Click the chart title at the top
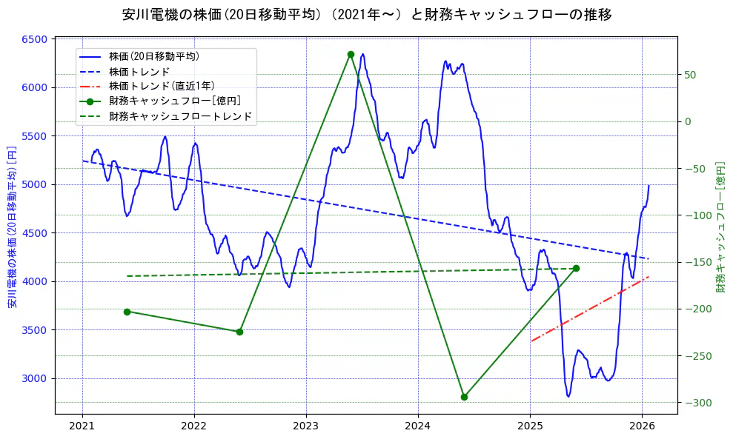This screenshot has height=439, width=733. (x=366, y=14)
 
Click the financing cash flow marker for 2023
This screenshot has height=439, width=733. (x=351, y=54)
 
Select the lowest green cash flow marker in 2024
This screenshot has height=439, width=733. (x=464, y=397)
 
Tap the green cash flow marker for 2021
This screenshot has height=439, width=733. (x=127, y=312)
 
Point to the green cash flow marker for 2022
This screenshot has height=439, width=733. (x=239, y=332)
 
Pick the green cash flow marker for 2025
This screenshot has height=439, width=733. (x=576, y=268)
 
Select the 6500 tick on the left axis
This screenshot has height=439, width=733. (x=35, y=39)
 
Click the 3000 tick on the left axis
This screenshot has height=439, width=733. (x=35, y=378)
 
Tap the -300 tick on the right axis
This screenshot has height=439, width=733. (x=695, y=403)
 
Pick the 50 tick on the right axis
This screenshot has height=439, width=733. (x=689, y=75)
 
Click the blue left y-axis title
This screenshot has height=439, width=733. (x=12, y=227)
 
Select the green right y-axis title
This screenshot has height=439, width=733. (x=720, y=227)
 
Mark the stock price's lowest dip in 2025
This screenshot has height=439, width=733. (x=568, y=396)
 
